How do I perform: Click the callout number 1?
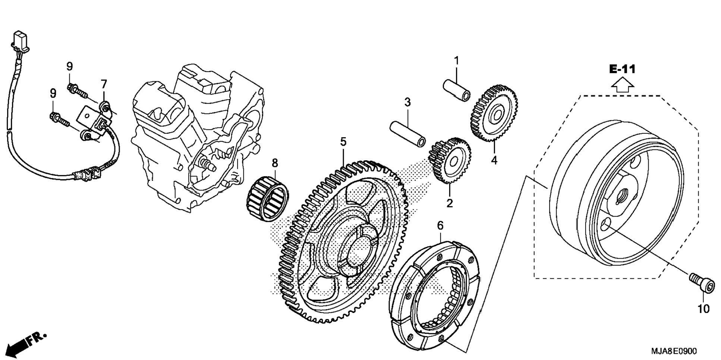456,60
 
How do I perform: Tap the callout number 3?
407,102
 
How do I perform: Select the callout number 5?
343,142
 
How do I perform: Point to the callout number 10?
703,309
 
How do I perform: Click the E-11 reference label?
622,69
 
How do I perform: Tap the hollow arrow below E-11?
623,85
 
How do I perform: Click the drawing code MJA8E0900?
674,351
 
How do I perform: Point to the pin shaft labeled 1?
457,90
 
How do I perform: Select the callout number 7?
104,84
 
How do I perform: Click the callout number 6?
440,225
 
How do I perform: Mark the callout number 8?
275,163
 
